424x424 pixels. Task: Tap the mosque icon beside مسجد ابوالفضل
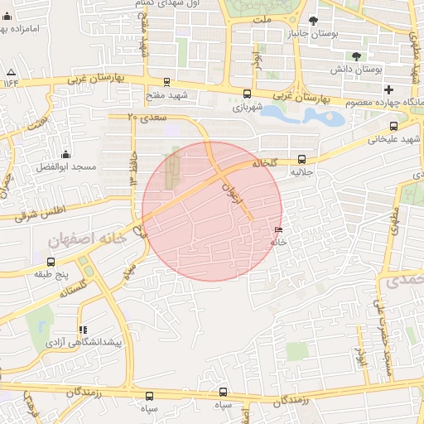pos(65,154)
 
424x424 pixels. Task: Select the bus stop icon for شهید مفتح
pos(167,82)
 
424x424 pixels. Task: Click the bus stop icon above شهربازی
pos(247,94)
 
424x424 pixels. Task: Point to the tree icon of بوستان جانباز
pos(312,21)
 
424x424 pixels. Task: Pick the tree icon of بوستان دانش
pos(356,56)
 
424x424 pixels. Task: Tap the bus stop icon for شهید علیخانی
pos(393,127)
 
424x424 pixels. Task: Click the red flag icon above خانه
pos(277,230)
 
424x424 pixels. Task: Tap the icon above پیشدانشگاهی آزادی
pos(82,330)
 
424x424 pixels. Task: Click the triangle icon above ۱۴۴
pos(11,71)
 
